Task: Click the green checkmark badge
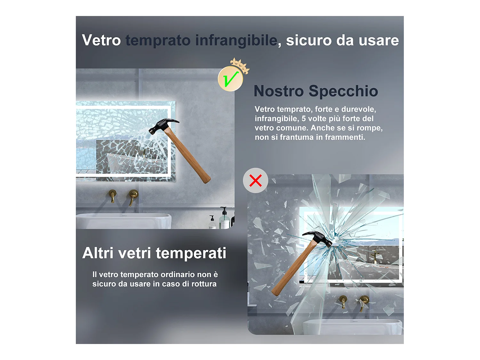click(x=230, y=79)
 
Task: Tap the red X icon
click(x=255, y=180)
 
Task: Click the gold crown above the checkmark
click(x=240, y=65)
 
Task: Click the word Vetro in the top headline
click(x=101, y=41)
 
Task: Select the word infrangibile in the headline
click(x=236, y=41)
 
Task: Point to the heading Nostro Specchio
click(x=316, y=91)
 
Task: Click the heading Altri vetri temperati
click(x=154, y=253)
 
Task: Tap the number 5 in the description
click(x=304, y=119)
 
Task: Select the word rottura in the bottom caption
click(x=204, y=284)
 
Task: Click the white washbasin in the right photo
click(x=352, y=327)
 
